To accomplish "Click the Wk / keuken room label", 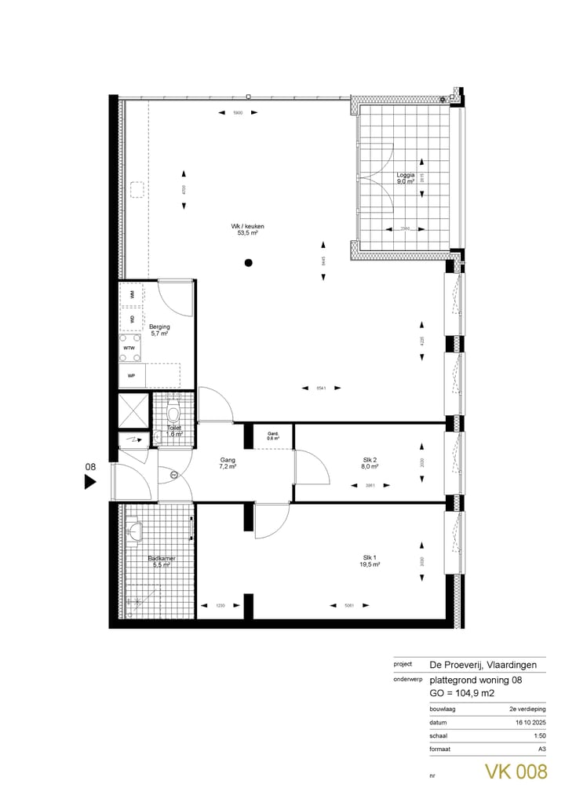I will [x=248, y=229].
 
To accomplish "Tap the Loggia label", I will [x=405, y=178].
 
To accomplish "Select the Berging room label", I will [x=160, y=330].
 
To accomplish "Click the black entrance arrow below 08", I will [x=90, y=483].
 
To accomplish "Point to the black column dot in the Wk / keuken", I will [x=248, y=263].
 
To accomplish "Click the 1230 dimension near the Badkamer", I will [x=220, y=605].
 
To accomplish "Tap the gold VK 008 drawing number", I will [x=515, y=772].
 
